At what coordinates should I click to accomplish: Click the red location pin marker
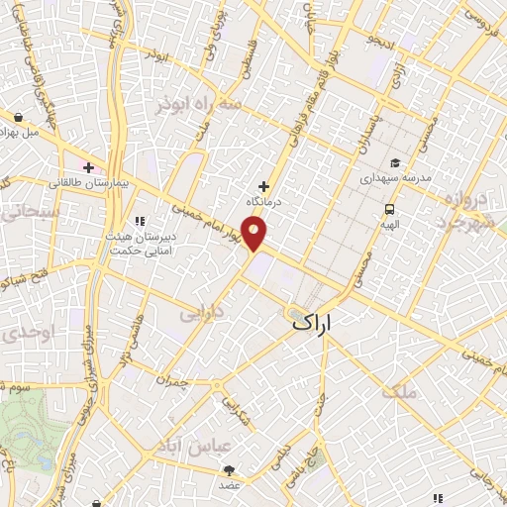point(255,234)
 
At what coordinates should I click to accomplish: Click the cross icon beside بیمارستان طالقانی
point(89,167)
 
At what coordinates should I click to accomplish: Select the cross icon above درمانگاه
point(263,185)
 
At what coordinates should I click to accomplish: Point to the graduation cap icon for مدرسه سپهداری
point(395,163)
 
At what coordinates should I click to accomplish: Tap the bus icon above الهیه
point(391,209)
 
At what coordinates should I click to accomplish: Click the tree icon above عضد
point(229,469)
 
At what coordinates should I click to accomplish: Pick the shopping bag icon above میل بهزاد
point(20,117)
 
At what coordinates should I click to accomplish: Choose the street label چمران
point(171,378)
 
